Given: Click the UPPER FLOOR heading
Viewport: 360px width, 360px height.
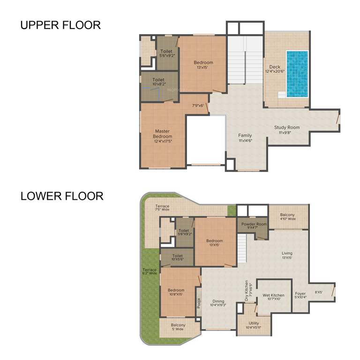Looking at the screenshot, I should point(60,25).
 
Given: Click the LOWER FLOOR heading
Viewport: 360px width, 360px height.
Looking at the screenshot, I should point(62,196).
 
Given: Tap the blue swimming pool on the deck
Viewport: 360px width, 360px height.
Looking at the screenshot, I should point(297,74).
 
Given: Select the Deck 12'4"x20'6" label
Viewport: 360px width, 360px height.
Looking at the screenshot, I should point(275,69).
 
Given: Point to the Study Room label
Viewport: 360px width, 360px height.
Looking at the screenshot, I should point(286,130).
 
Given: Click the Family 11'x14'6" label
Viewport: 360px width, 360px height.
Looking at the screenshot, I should point(245,138).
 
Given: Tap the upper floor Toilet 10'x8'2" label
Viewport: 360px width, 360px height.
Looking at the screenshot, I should point(158,82).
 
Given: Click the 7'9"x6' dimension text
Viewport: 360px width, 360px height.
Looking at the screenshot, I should point(198,105).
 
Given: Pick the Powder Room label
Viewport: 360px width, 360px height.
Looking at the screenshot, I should point(254,226).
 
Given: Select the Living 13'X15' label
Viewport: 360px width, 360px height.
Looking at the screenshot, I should point(287,255).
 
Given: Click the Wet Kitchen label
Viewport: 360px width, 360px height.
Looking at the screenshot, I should point(273,297).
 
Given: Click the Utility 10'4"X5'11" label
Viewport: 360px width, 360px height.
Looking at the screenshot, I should point(254,325).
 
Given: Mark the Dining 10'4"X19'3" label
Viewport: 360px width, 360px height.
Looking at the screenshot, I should point(218,303).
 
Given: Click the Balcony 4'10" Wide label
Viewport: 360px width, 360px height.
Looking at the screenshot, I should point(288,216).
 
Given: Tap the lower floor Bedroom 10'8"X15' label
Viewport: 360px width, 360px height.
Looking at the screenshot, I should point(176,292).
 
